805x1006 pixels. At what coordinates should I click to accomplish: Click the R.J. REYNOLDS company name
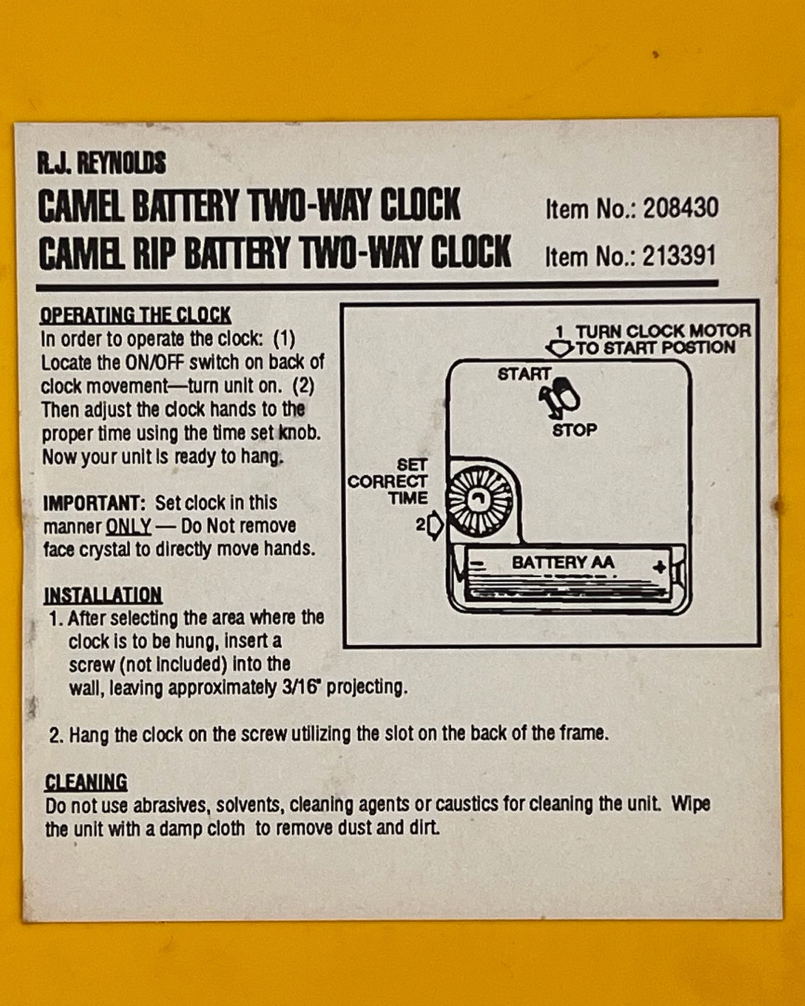[101, 163]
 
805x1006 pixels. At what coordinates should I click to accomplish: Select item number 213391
[679, 256]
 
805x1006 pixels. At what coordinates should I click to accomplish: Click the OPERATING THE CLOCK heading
[135, 315]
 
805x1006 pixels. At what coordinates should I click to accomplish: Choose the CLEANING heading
[86, 782]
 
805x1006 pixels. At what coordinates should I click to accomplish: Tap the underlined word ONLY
[128, 526]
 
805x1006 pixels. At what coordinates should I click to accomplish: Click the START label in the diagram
[524, 374]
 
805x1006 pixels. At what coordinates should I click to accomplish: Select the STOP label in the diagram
[575, 430]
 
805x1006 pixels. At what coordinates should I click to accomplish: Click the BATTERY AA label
[563, 562]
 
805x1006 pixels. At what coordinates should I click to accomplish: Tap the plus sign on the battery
[659, 567]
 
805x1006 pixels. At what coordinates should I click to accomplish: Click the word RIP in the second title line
[154, 253]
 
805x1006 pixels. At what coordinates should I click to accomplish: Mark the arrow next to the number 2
[436, 525]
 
